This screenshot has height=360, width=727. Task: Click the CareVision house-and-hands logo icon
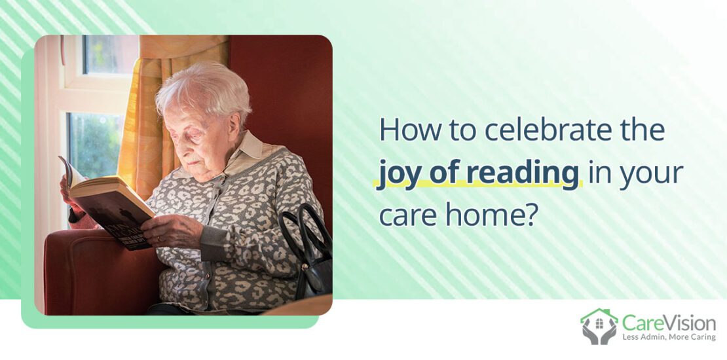click(x=598, y=325)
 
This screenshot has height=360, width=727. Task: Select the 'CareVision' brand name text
click(x=669, y=321)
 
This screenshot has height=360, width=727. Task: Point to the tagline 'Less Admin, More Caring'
click(x=669, y=336)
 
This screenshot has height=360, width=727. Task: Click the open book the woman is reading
click(x=108, y=203)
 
